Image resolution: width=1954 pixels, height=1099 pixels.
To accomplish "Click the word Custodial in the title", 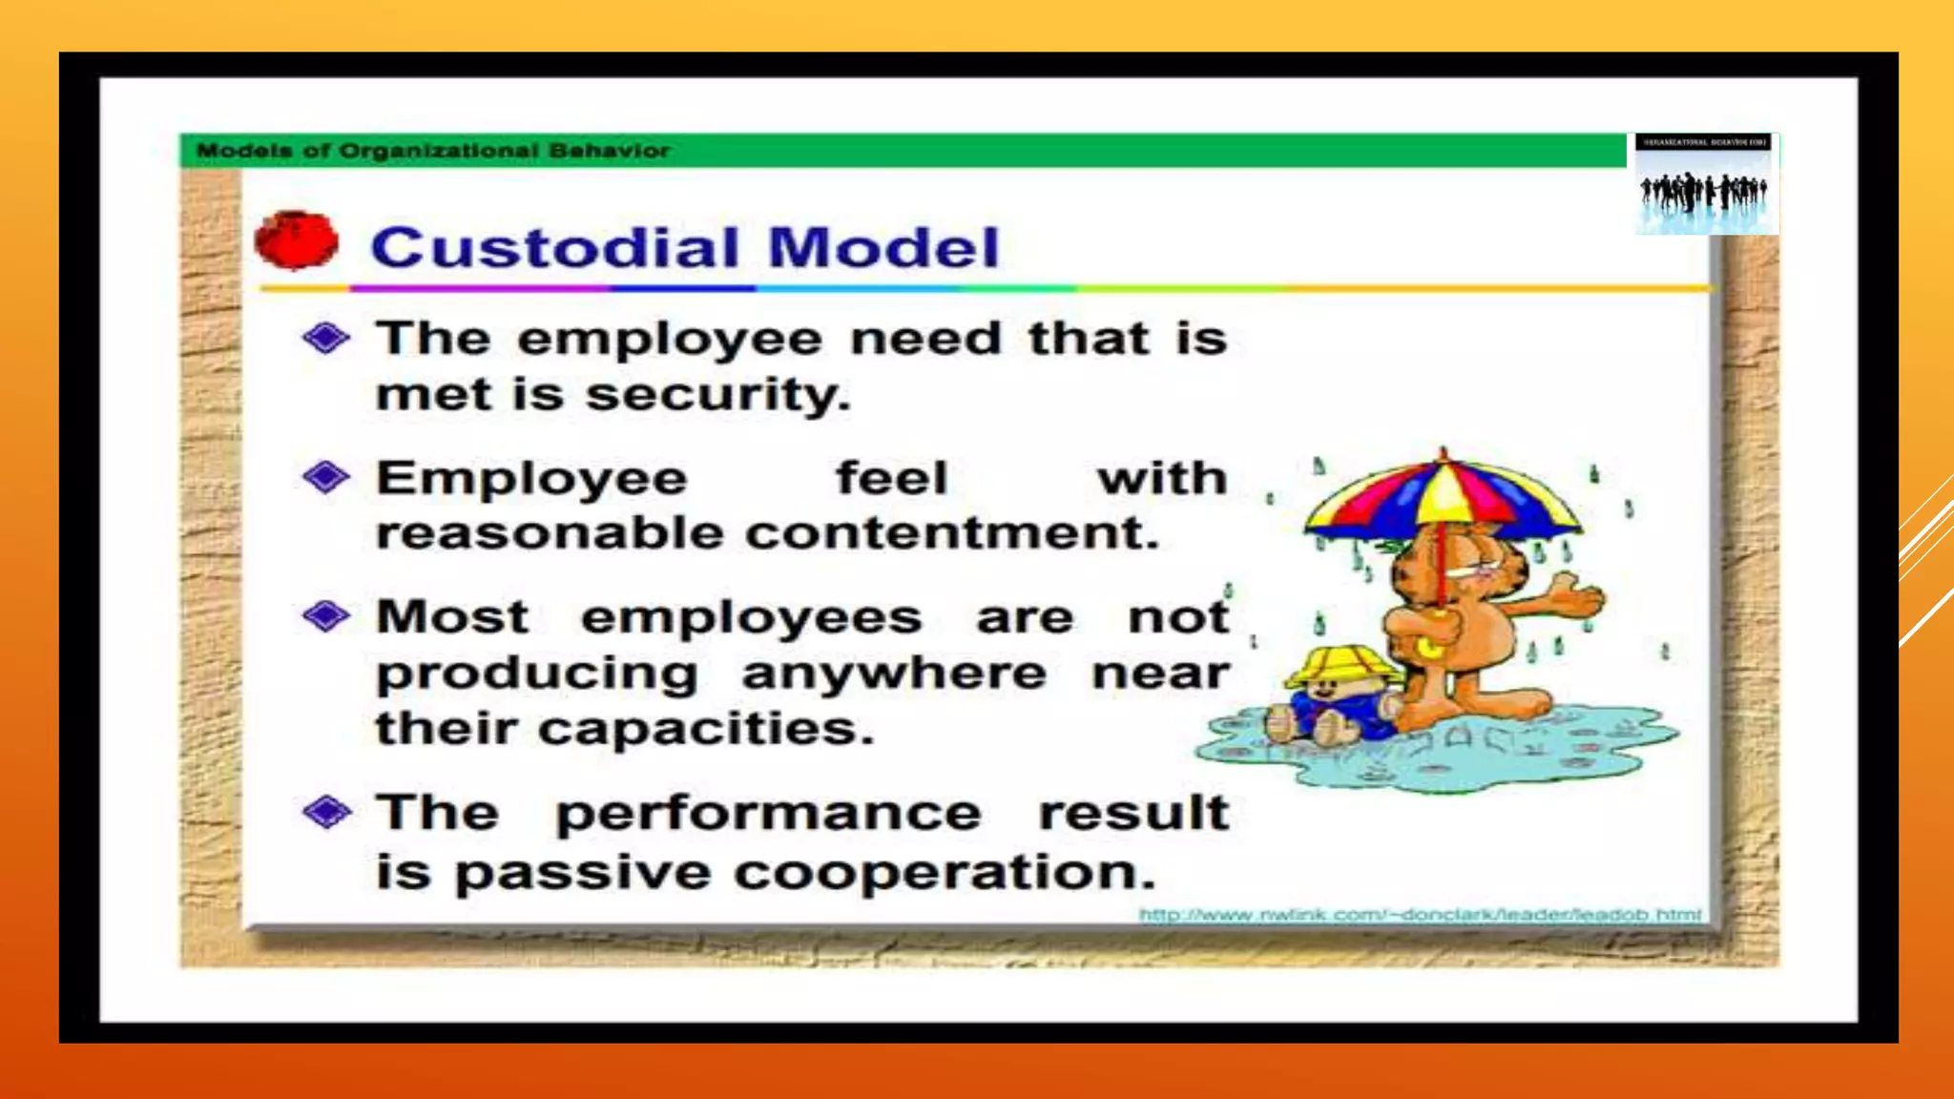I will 554,248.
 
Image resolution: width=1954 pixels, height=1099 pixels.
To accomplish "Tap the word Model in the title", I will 883,248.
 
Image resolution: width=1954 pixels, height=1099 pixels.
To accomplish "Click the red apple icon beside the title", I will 297,239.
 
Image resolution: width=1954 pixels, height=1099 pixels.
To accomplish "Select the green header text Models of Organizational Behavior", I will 433,151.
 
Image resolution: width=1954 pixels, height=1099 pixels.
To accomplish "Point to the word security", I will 717,395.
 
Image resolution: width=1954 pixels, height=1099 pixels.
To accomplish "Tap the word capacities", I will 706,729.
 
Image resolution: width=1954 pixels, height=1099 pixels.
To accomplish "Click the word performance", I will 768,815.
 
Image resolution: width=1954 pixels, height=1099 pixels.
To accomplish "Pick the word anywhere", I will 894,674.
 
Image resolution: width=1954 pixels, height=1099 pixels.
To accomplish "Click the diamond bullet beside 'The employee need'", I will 326,338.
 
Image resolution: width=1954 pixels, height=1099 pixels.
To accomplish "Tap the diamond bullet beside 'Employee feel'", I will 326,477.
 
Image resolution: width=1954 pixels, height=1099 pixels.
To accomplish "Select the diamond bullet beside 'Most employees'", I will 326,616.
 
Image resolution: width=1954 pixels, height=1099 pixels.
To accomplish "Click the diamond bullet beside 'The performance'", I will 326,813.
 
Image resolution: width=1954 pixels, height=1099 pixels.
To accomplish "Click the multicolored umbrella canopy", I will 1443,497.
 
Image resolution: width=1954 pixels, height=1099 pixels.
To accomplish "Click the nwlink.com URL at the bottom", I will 1420,915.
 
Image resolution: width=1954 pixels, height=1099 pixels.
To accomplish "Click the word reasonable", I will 551,532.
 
